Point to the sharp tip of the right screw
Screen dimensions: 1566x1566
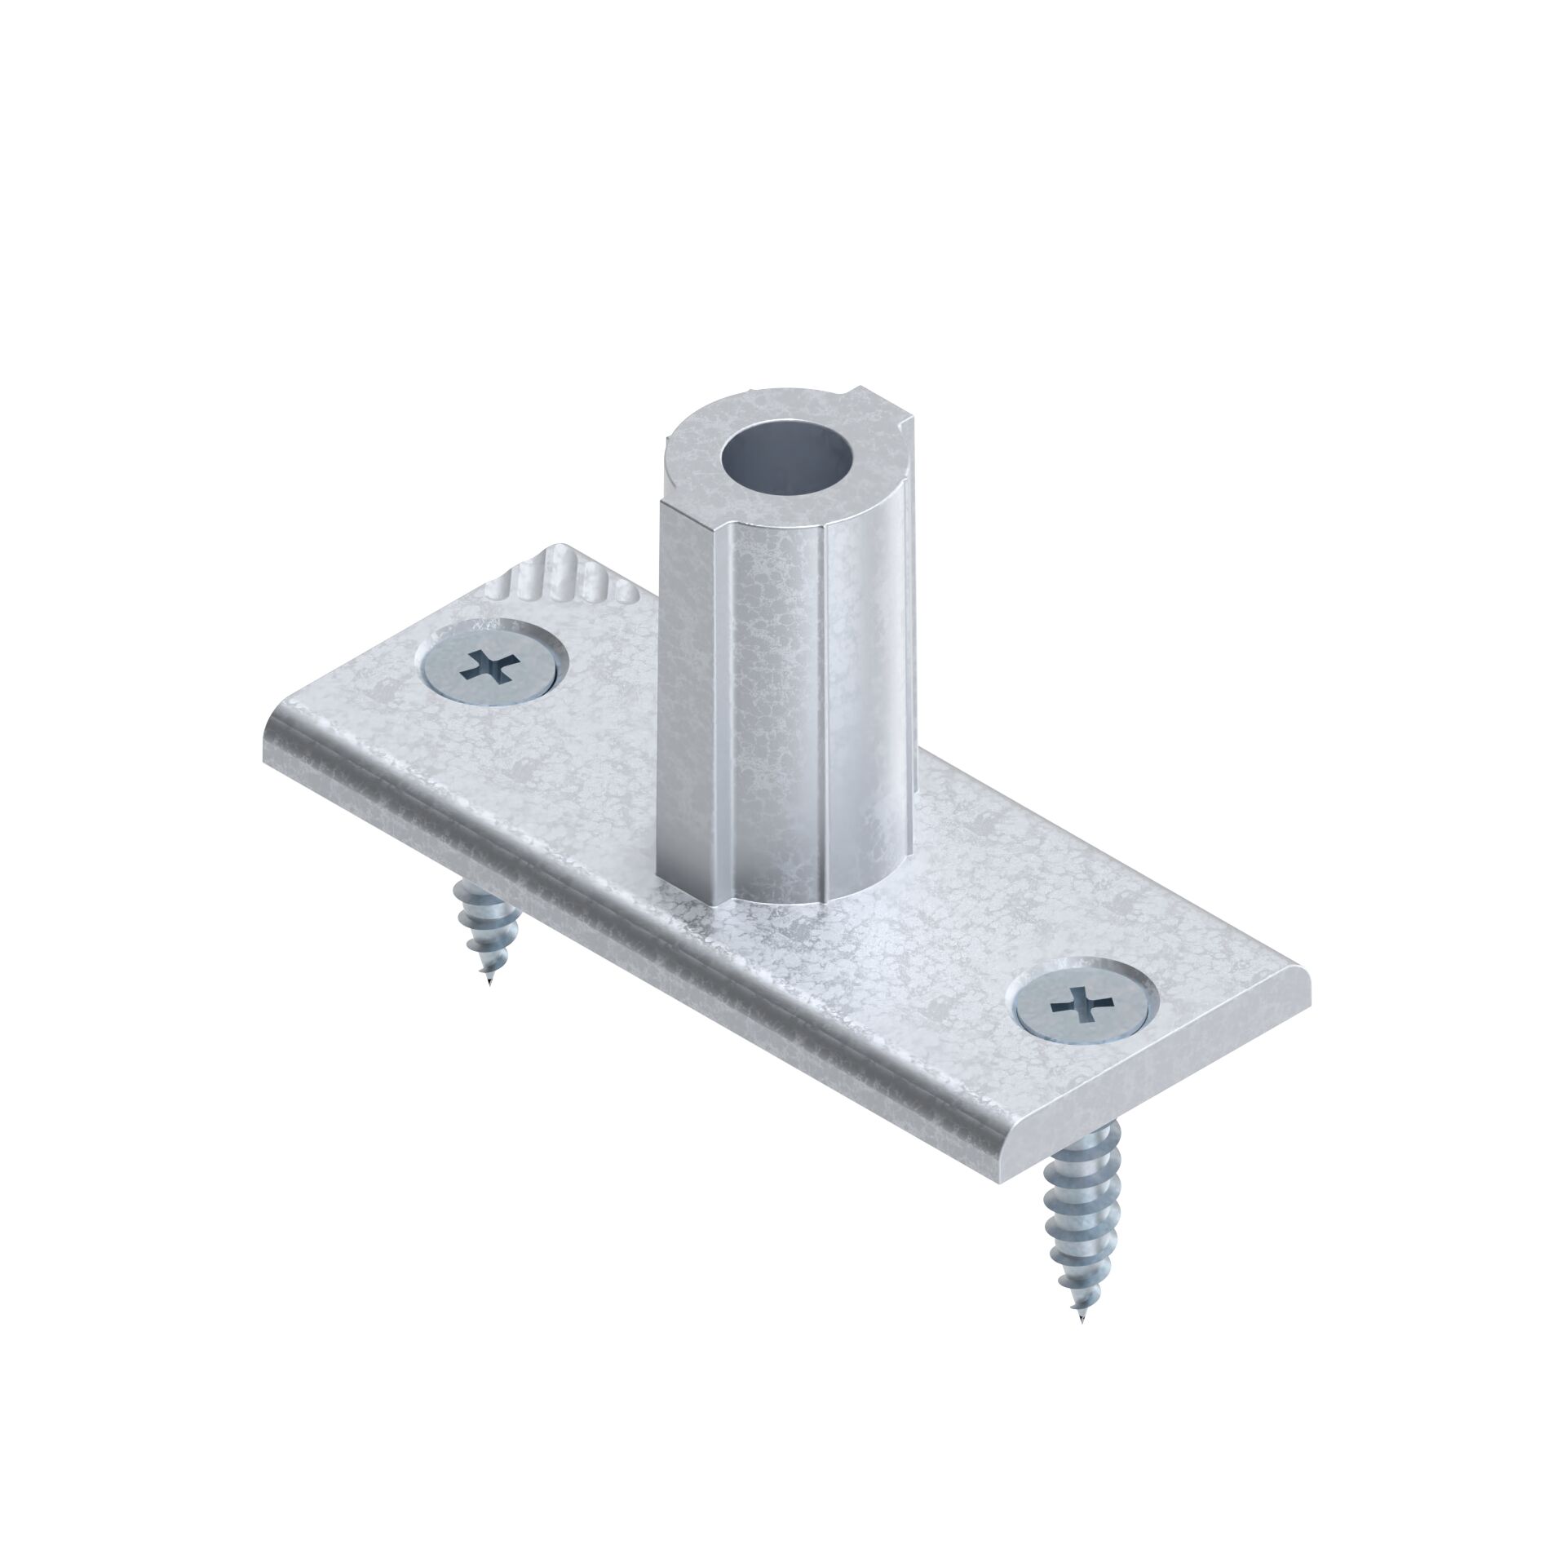(x=1083, y=1322)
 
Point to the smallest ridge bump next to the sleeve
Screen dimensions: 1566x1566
(x=626, y=591)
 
